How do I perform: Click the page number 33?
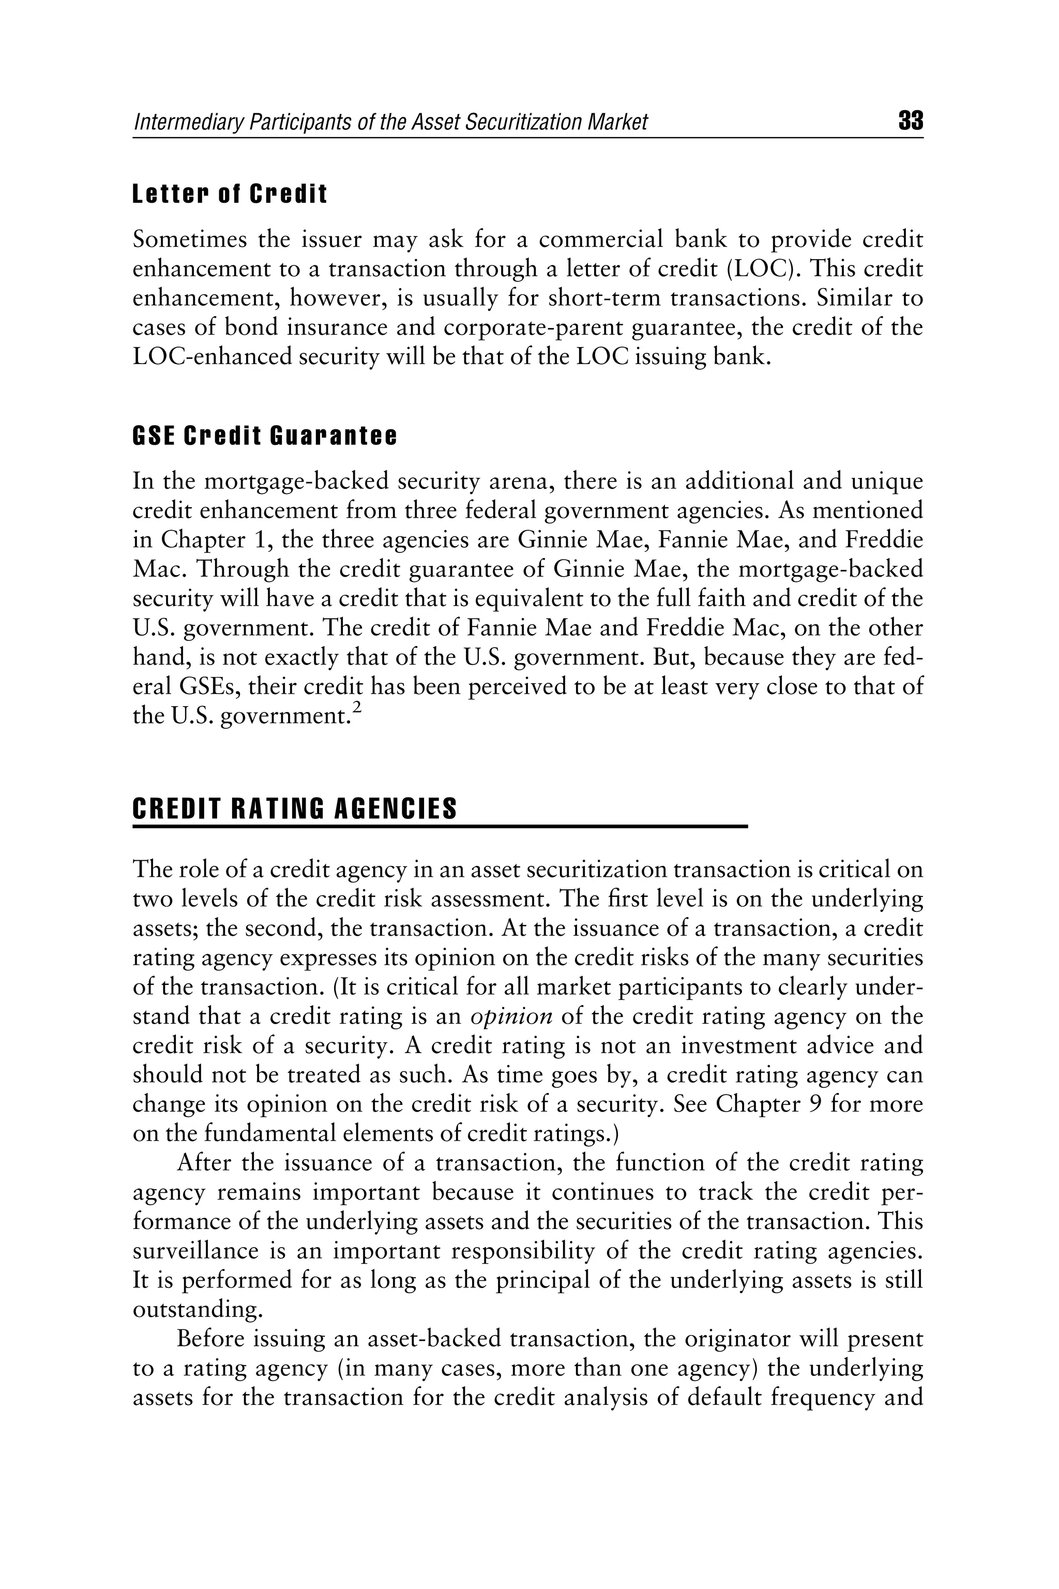pyautogui.click(x=911, y=122)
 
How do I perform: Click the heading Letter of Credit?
pyautogui.click(x=230, y=194)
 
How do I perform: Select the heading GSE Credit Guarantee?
pyautogui.click(x=265, y=437)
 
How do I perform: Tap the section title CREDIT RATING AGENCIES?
pyautogui.click(x=294, y=808)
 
